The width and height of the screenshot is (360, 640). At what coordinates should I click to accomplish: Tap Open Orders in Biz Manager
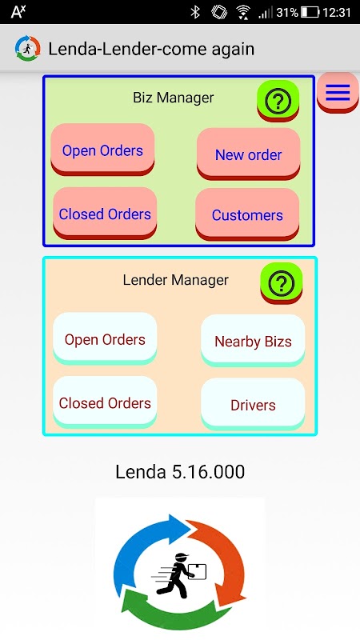(x=102, y=150)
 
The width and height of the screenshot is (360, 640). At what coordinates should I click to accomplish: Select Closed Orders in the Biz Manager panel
(x=105, y=214)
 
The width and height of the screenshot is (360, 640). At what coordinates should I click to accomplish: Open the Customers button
(x=247, y=214)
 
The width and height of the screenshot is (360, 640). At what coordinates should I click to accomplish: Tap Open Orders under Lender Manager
(x=105, y=338)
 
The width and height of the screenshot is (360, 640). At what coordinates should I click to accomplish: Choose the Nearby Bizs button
(x=253, y=341)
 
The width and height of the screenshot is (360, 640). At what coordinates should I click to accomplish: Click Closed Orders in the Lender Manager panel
(x=105, y=402)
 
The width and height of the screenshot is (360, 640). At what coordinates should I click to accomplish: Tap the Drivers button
(x=253, y=405)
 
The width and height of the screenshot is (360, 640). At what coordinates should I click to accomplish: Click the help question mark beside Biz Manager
(x=278, y=101)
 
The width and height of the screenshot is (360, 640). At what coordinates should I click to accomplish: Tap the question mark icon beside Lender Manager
(x=282, y=283)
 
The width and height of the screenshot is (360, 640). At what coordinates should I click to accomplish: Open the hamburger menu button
(x=338, y=93)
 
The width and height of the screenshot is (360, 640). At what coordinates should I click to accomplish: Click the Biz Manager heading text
(x=174, y=98)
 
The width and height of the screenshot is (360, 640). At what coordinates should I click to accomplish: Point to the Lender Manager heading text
(x=175, y=280)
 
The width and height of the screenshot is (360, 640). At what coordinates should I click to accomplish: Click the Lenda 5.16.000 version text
(x=180, y=472)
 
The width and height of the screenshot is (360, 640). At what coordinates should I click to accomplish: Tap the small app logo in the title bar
(x=28, y=49)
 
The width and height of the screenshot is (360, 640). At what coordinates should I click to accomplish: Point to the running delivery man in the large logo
(x=178, y=575)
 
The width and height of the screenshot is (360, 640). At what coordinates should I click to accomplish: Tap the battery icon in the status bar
(x=310, y=12)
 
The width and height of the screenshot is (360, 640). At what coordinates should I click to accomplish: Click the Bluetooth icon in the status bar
(x=195, y=12)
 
